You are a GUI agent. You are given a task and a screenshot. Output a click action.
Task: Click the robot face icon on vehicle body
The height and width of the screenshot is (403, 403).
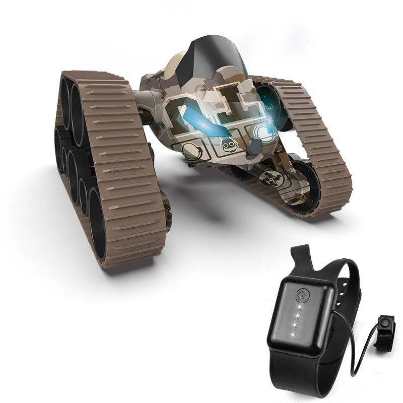click(229, 146)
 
